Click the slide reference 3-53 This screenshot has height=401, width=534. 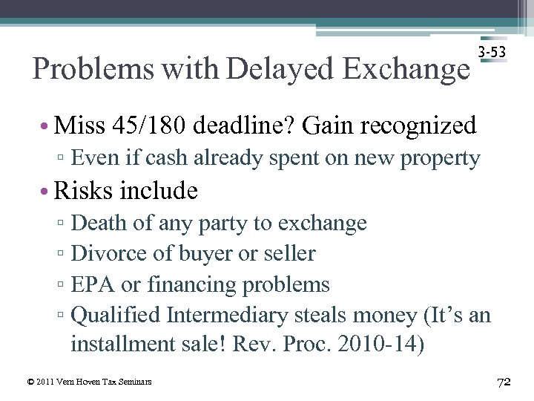pos(492,53)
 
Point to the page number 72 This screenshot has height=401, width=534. pos(504,382)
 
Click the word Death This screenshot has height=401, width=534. pos(99,223)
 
